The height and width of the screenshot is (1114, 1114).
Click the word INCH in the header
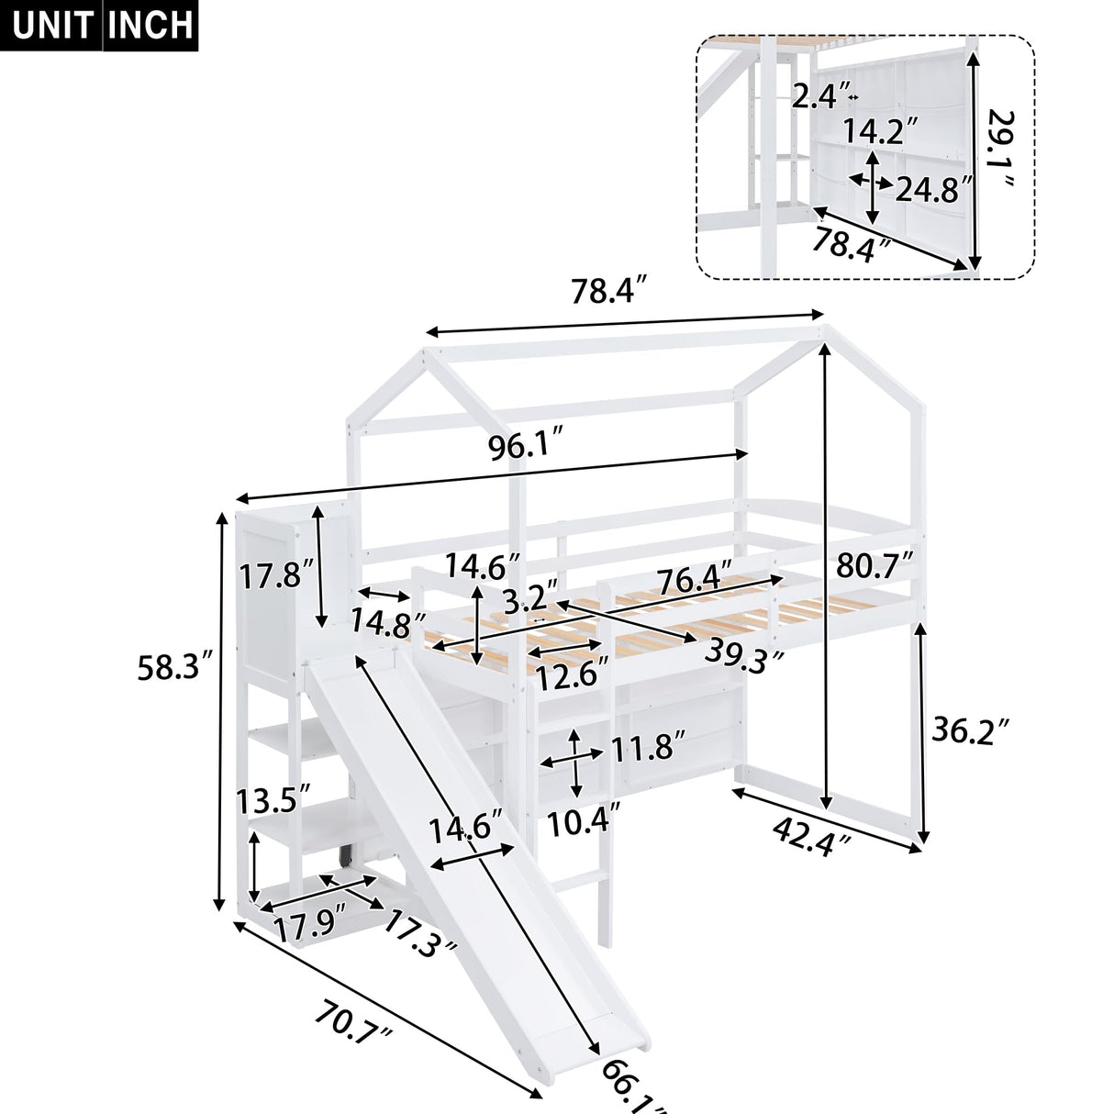[x=150, y=25]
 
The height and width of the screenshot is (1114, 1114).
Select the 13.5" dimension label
[x=269, y=799]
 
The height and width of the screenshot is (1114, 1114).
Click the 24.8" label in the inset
[x=934, y=190]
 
